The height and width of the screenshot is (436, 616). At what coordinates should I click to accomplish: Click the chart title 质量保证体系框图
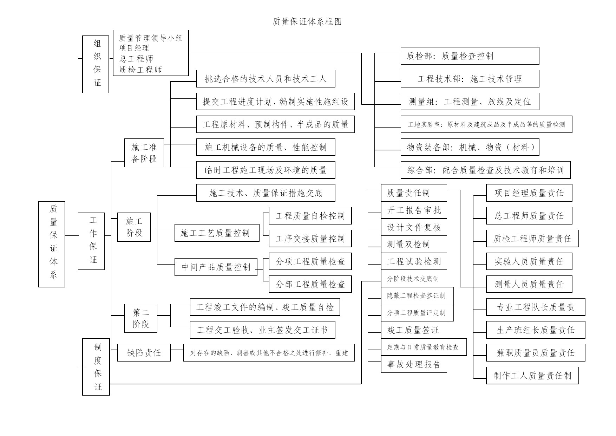click(307, 22)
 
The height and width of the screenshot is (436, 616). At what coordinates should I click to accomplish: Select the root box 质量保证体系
click(52, 244)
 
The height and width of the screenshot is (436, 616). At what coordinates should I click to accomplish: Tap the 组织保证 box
click(96, 64)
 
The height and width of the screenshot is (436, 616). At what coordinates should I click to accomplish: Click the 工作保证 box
click(91, 241)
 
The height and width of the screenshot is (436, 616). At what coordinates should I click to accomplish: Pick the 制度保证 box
click(96, 367)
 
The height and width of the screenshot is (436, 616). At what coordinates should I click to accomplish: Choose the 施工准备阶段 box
click(144, 153)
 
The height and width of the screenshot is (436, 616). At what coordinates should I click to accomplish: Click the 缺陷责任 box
click(144, 353)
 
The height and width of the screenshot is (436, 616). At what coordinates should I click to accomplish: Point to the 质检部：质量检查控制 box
click(470, 56)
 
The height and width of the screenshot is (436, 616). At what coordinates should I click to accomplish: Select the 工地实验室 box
click(486, 124)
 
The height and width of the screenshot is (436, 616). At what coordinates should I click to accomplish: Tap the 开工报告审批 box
click(414, 210)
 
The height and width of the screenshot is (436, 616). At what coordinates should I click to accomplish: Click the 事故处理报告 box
click(414, 364)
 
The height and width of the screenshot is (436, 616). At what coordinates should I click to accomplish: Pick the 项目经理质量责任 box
click(529, 193)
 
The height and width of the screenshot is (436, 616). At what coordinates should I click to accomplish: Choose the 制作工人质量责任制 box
click(532, 376)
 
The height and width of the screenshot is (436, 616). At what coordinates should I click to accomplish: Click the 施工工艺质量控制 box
click(217, 233)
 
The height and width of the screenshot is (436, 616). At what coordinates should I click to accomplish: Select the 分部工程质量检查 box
click(310, 284)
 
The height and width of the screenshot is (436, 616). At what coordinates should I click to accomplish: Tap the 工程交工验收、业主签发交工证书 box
click(263, 330)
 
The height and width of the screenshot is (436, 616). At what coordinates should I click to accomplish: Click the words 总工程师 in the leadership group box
click(136, 59)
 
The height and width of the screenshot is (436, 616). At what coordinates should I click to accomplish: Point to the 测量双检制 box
click(414, 244)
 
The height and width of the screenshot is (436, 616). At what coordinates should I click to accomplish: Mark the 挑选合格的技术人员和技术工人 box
click(266, 79)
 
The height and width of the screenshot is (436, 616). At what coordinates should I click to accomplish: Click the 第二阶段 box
click(141, 318)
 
